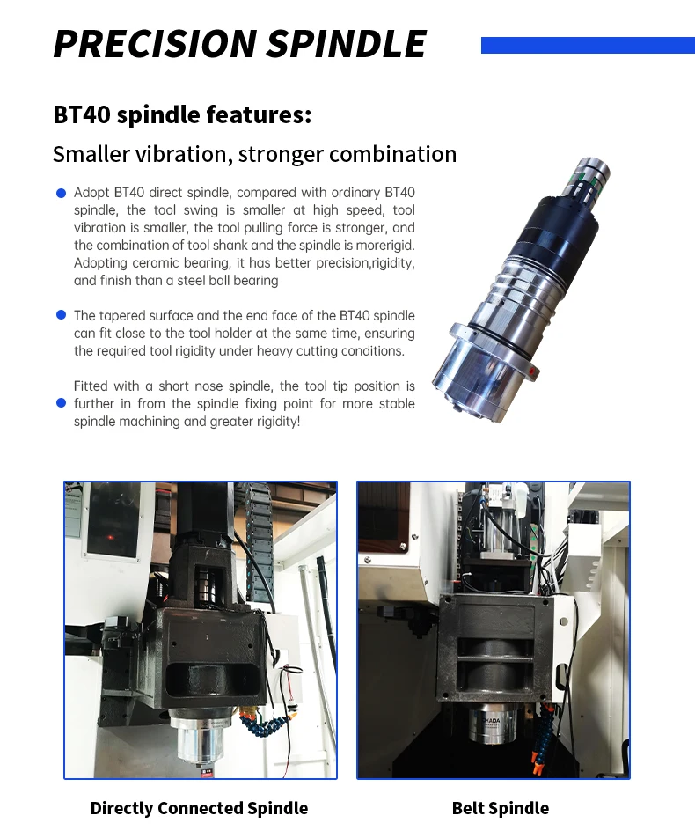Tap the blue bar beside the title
point(588,45)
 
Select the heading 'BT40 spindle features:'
point(182,115)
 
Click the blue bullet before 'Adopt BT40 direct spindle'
point(61,193)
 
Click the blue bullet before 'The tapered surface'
point(61,315)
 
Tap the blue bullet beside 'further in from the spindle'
point(61,403)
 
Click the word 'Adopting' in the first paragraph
point(100,263)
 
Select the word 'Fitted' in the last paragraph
point(92,386)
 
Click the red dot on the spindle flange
point(533,372)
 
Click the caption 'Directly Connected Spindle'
point(200,808)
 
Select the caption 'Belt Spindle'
point(501,808)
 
